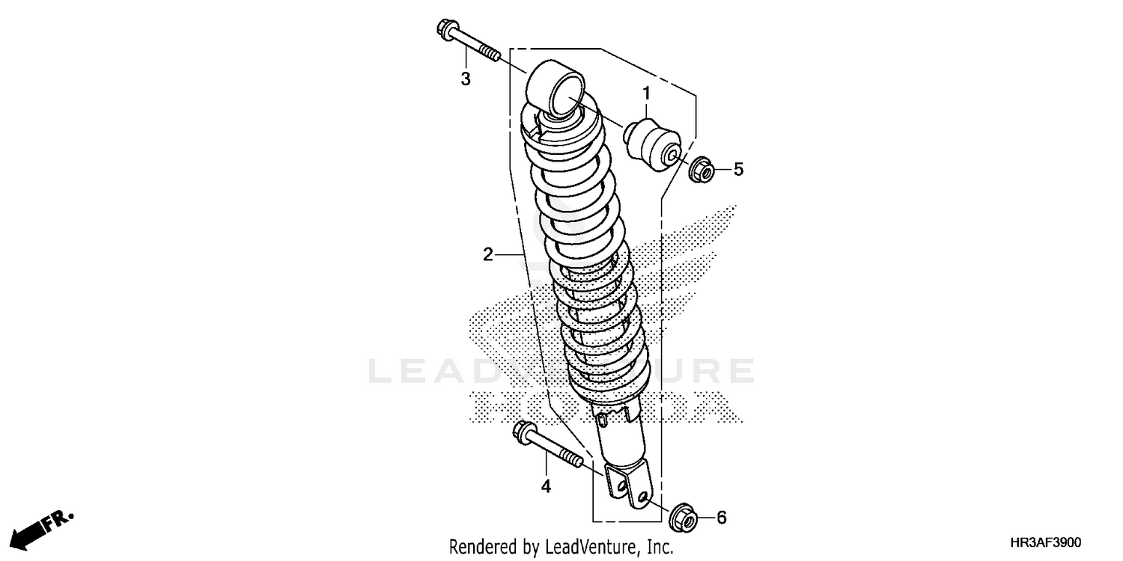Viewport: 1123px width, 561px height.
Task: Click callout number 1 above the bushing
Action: pos(645,93)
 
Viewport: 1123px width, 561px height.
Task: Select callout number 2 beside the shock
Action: pos(487,255)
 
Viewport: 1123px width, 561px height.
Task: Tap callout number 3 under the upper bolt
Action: pos(465,79)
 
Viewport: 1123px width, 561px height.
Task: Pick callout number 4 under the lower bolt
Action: pos(546,487)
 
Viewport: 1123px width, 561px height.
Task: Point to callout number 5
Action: pos(738,170)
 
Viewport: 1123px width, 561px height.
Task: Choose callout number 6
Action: pos(722,518)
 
